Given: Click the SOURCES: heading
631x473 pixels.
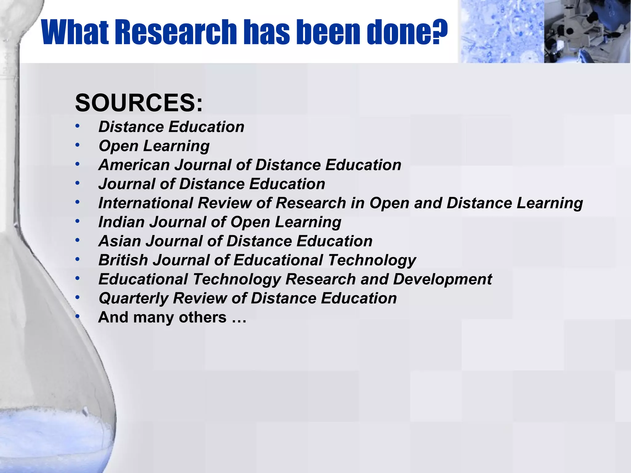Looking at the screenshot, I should coord(139,103).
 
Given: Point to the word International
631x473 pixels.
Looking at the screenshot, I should coord(145,203).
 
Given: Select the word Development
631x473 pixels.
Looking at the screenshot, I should coord(442,279).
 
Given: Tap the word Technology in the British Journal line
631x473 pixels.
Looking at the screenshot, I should coord(372,260).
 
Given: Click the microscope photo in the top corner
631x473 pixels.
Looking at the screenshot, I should coord(587,31).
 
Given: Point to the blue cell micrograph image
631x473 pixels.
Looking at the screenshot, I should coord(501,31).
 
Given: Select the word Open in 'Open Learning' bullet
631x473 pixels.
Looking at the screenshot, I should coord(118,146).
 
